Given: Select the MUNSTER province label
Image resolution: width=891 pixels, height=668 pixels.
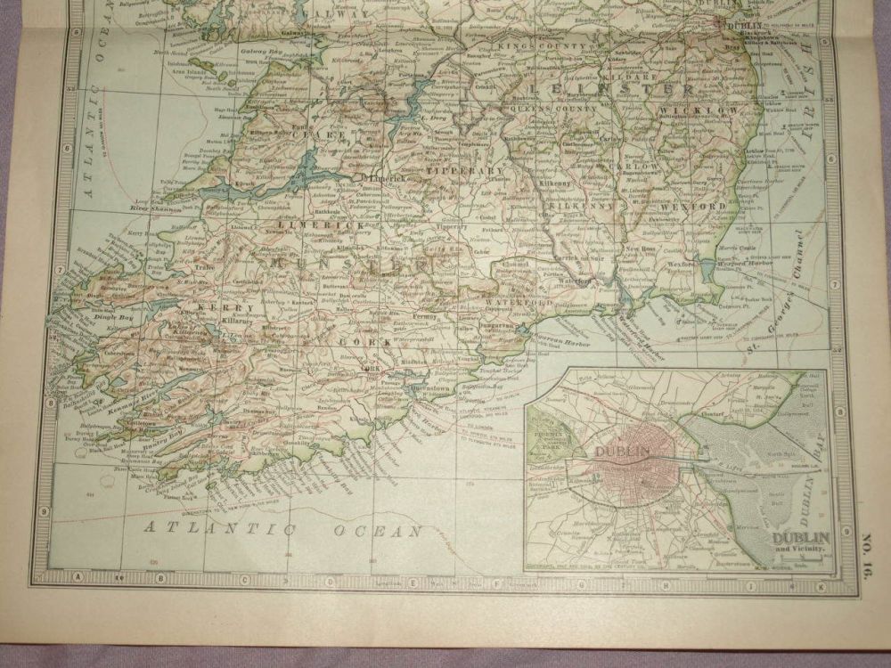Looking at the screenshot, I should pyautogui.click(x=347, y=265).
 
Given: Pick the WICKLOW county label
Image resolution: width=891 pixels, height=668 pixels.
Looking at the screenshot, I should pyautogui.click(x=691, y=110).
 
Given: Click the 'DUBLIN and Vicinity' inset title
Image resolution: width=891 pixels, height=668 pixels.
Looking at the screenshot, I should pyautogui.click(x=799, y=540).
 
